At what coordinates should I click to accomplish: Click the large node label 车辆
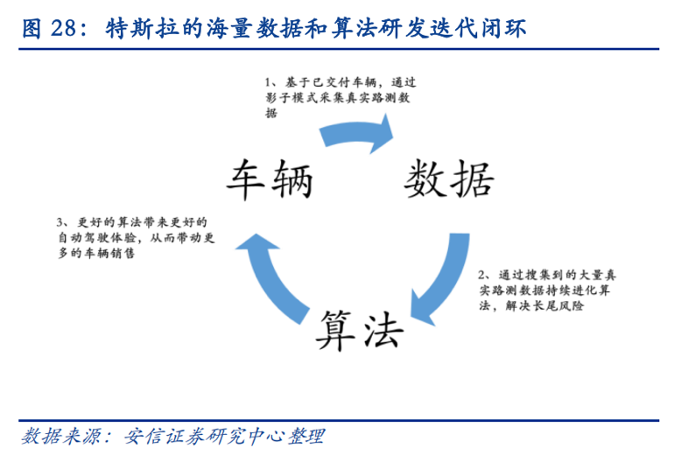pyautogui.click(x=267, y=178)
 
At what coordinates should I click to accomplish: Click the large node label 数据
pyautogui.click(x=449, y=178)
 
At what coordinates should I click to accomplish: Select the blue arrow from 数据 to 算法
pyautogui.click(x=438, y=280)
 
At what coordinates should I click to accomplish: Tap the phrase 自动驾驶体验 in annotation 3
pyautogui.click(x=96, y=237)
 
